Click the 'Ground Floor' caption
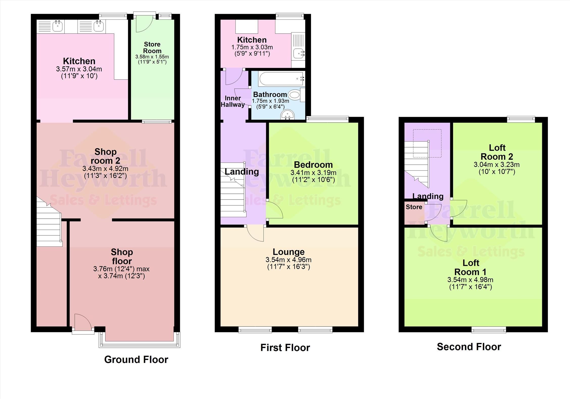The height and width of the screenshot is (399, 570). point(136,359)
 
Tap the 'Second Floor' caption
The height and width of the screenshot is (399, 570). point(469,347)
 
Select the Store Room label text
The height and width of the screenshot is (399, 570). point(152,47)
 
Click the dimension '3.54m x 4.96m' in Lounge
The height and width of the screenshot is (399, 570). point(288,260)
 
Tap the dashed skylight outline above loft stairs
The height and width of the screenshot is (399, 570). point(427,143)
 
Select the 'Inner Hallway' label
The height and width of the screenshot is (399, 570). point(232,102)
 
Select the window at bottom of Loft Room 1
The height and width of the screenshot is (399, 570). point(489,329)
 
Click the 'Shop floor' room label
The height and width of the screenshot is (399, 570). point(122,256)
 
